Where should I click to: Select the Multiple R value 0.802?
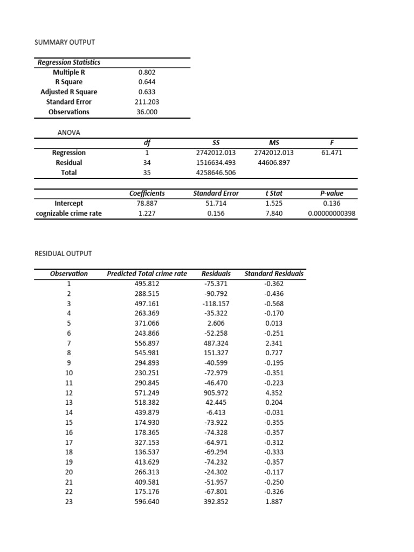tap(147, 72)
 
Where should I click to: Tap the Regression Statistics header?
tap(69, 62)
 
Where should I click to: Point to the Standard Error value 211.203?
tap(147, 102)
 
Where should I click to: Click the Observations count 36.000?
tap(147, 112)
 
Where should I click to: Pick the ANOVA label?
tap(68, 132)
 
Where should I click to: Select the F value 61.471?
tap(331, 153)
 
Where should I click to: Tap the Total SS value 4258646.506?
tap(216, 173)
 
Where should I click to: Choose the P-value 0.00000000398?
tap(332, 213)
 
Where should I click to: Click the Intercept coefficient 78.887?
tap(147, 203)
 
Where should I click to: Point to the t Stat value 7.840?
tap(273, 213)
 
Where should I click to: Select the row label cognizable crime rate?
tap(69, 213)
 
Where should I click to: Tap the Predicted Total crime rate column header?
tap(147, 273)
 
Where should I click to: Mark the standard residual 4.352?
tap(274, 393)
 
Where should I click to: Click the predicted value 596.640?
tap(147, 502)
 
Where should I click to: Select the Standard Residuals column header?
tap(274, 273)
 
